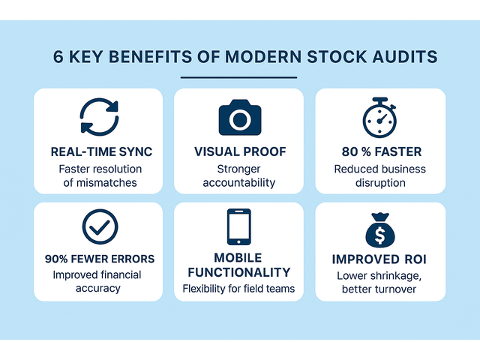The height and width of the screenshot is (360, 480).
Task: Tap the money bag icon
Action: (380, 230)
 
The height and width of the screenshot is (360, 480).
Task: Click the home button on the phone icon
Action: (238, 241)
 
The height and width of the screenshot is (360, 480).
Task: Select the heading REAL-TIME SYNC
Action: (101, 151)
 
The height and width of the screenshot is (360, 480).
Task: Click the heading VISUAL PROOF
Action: (240, 151)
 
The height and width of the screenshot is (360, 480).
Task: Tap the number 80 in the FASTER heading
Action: (350, 151)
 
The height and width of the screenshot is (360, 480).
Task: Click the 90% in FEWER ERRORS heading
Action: (56, 259)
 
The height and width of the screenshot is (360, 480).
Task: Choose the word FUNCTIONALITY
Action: (239, 272)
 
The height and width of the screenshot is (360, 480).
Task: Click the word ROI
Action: (415, 259)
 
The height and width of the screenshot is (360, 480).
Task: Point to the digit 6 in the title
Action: (58, 57)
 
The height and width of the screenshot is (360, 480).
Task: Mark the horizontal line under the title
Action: (238, 77)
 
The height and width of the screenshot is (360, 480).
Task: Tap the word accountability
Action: (239, 183)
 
